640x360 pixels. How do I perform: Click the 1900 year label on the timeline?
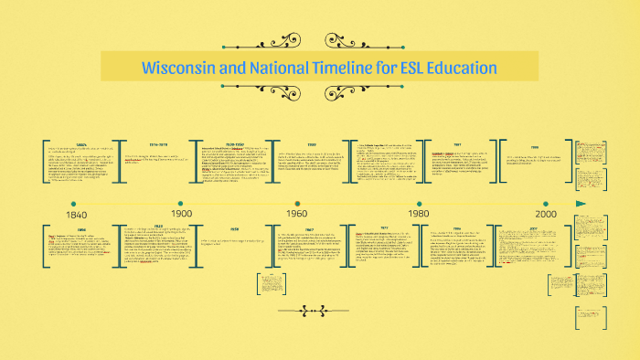[181, 214]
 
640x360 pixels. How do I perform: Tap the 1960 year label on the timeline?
[296, 214]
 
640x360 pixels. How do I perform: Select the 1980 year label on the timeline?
[419, 214]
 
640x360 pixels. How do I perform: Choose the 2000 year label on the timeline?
[547, 214]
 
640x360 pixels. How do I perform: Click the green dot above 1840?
[72, 203]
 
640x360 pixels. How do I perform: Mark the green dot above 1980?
[419, 203]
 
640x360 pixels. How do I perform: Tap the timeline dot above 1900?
[181, 203]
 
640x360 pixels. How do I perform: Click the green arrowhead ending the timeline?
[580, 203]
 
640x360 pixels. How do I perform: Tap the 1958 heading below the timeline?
[234, 229]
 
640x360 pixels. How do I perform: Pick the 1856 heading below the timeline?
[81, 229]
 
